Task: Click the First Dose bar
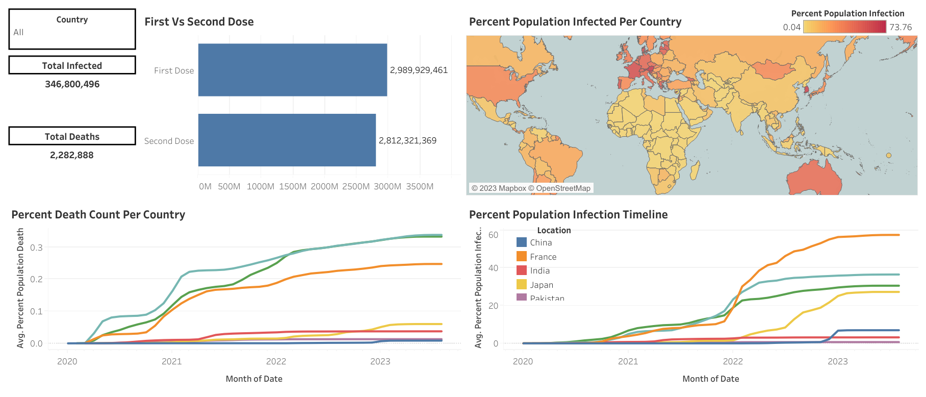292,70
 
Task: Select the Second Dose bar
287,140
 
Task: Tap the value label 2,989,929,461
419,70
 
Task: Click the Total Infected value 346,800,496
72,84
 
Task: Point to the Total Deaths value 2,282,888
72,155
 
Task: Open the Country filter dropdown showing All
71,33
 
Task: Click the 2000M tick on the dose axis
324,187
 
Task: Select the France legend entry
543,257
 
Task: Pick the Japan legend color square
522,285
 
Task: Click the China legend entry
541,243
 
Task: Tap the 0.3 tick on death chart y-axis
36,247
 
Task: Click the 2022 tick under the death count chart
276,362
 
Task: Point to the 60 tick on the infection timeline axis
493,235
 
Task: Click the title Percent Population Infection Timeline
568,215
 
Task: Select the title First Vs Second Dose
199,22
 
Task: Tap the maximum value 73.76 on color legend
901,28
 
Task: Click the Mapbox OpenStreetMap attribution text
530,188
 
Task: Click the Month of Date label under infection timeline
710,379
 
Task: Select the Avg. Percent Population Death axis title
20,288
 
